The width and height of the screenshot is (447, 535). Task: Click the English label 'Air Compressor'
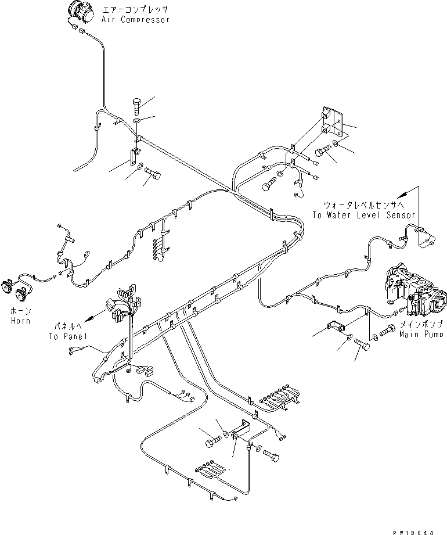click(x=135, y=19)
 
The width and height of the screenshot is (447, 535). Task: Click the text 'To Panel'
click(x=67, y=337)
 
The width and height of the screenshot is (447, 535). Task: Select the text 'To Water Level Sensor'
click(x=363, y=215)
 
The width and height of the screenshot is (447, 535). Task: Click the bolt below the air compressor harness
click(x=137, y=106)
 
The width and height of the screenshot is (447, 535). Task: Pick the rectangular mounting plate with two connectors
click(x=332, y=127)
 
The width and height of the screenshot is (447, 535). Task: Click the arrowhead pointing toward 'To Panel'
click(x=89, y=319)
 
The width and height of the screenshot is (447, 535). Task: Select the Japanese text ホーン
click(x=19, y=311)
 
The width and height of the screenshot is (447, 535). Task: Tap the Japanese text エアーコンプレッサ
click(x=136, y=10)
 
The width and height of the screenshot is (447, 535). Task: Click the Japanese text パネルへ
click(x=70, y=328)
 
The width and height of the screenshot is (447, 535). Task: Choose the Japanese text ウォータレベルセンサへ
click(x=365, y=206)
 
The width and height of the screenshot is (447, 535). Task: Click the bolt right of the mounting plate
click(x=324, y=153)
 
